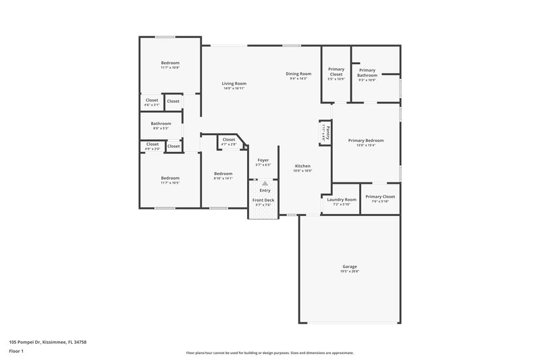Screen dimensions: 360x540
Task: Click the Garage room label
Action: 349,266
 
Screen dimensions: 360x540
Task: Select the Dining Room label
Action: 298,73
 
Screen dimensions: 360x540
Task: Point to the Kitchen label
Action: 302,165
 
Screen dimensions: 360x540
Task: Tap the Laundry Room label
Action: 341,199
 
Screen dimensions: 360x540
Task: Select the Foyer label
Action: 263,160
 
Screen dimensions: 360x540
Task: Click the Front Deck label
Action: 263,200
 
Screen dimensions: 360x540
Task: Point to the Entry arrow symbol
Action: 265,183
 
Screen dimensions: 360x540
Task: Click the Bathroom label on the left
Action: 161,124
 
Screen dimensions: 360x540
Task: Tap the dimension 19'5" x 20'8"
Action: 349,272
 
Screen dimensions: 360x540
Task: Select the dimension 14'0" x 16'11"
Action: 234,88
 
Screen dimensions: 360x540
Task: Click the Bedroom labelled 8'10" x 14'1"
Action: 223,173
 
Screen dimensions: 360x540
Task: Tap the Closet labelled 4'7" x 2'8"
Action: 229,140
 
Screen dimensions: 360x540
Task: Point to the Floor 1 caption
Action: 16,352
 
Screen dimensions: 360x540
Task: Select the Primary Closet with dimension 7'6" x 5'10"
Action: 380,197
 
